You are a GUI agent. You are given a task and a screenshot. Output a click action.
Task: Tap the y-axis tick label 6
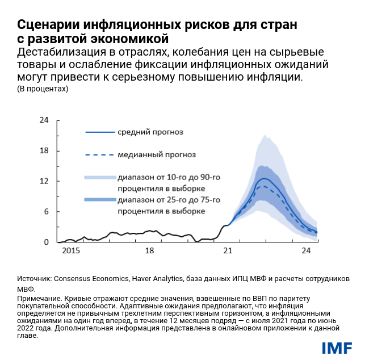click(46, 212)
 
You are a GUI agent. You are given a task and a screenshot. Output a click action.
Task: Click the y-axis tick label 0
click(46, 242)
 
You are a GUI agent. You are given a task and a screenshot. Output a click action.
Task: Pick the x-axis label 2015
click(70, 250)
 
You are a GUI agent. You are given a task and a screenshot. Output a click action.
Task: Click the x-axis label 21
click(228, 250)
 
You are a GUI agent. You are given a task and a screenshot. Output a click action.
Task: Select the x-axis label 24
click(306, 250)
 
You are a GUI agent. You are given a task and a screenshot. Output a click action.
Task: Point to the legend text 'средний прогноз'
click(150, 132)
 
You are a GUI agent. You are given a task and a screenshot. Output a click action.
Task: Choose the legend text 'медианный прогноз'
click(156, 154)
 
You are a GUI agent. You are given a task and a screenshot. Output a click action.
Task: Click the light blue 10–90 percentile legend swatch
click(98, 177)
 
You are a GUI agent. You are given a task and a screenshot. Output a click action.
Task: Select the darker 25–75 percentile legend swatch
click(98, 199)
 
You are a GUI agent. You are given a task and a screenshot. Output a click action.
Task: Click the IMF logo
click(337, 347)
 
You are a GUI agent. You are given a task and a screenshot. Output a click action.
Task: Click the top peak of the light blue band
click(264, 135)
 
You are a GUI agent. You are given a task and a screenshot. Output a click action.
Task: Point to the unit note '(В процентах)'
click(43, 89)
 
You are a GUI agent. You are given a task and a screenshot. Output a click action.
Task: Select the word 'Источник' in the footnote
click(33, 279)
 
